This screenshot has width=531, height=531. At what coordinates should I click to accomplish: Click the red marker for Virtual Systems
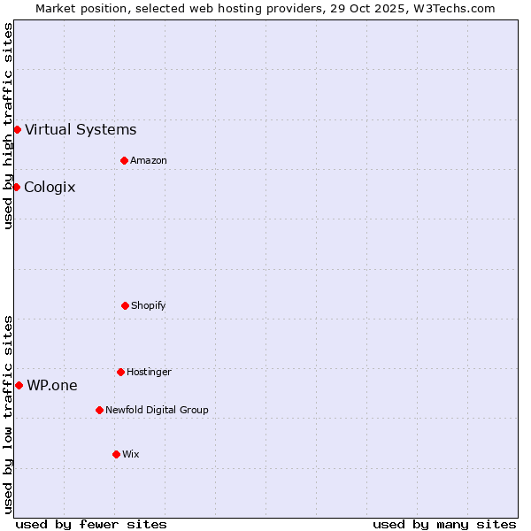pyautogui.click(x=17, y=129)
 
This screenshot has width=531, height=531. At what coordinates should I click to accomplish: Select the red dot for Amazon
pyautogui.click(x=124, y=160)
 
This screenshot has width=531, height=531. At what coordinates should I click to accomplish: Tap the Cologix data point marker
pyautogui.click(x=16, y=187)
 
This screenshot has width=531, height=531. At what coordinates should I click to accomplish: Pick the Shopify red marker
pyautogui.click(x=125, y=305)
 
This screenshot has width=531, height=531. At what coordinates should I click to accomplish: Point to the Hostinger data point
pyautogui.click(x=120, y=372)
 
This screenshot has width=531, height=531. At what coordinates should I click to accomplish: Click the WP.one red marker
pyautogui.click(x=19, y=385)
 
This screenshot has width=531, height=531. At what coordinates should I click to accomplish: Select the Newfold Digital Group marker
pyautogui.click(x=99, y=410)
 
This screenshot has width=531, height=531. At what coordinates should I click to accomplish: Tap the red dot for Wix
pyautogui.click(x=116, y=454)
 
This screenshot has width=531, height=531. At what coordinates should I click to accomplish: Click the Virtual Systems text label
pyautogui.click(x=81, y=130)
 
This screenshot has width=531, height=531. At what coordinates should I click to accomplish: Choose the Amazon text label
pyautogui.click(x=149, y=160)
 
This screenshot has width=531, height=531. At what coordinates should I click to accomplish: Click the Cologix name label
pyautogui.click(x=50, y=188)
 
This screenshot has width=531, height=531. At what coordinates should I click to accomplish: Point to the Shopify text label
pyautogui.click(x=149, y=305)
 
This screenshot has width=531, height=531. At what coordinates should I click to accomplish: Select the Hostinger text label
pyautogui.click(x=149, y=372)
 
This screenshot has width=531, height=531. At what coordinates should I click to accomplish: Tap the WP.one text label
pyautogui.click(x=52, y=386)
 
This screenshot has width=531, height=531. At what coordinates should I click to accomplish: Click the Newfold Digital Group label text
pyautogui.click(x=157, y=410)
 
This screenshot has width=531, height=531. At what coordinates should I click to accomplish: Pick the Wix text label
pyautogui.click(x=131, y=454)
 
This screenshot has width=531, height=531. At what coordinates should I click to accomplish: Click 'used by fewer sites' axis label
pyautogui.click(x=91, y=525)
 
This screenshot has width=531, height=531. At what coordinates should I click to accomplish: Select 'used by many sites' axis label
pyautogui.click(x=444, y=525)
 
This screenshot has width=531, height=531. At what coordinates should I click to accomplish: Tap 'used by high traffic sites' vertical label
pyautogui.click(x=8, y=126)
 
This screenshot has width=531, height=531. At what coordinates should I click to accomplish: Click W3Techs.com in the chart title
pyautogui.click(x=452, y=8)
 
